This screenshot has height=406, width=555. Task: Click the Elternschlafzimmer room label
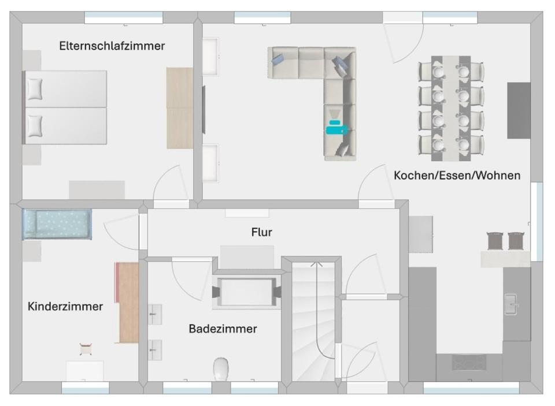coord(112,46)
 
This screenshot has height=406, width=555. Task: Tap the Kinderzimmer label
coord(65,306)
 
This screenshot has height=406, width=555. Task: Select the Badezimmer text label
coord(223,329)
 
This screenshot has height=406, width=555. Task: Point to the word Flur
coord(261,232)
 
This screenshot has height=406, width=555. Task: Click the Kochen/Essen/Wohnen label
coord(457,175)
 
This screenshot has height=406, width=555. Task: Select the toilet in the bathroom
coord(221,368)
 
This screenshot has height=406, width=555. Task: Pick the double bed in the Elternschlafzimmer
coord(65,107)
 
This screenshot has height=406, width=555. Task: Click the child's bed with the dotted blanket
coord(57,224)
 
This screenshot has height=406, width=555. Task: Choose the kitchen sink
coord(512,304)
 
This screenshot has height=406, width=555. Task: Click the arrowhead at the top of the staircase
coord(316,265)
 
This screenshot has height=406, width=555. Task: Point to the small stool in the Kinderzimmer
coord(87,348)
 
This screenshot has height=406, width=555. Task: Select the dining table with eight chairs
coord(451,107)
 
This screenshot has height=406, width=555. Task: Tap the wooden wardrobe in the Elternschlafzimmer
coord(180,108)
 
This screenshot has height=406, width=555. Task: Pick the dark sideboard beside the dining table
coord(519,110)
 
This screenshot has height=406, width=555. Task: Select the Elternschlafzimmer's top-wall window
coord(124,18)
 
